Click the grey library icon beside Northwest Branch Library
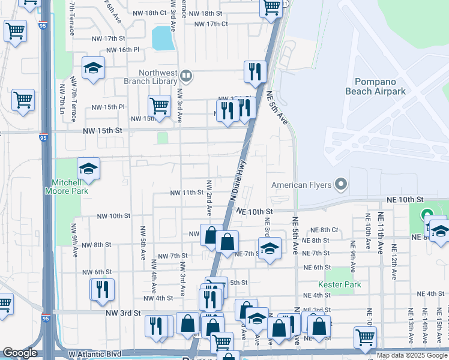coord(186,76)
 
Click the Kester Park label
coord(340,284)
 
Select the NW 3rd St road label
coord(119,313)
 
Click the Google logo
coord(20,353)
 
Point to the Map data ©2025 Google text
coord(412,355)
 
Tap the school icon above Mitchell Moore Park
coord(88,169)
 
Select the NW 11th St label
coord(187,193)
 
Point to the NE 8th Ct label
coord(325,230)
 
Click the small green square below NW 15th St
coord(162,138)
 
